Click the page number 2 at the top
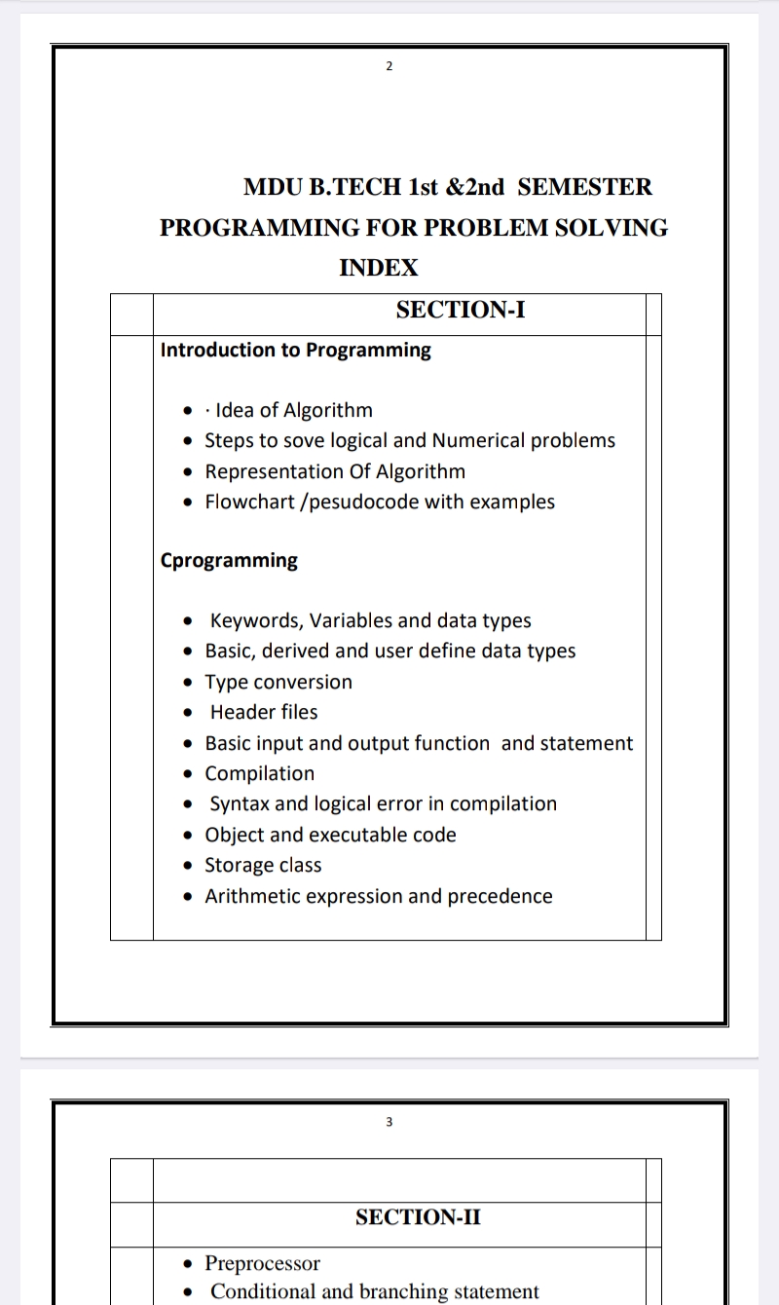click(389, 66)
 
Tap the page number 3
click(389, 1122)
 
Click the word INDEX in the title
click(379, 268)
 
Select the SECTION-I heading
click(461, 311)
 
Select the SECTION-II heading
click(418, 1217)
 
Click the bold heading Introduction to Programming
click(295, 351)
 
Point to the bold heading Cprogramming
click(229, 561)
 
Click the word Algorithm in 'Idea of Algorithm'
click(328, 411)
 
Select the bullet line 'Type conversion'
click(278, 683)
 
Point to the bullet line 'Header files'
click(263, 713)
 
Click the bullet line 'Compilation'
click(259, 774)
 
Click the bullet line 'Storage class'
click(263, 866)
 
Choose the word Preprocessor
click(262, 1264)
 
